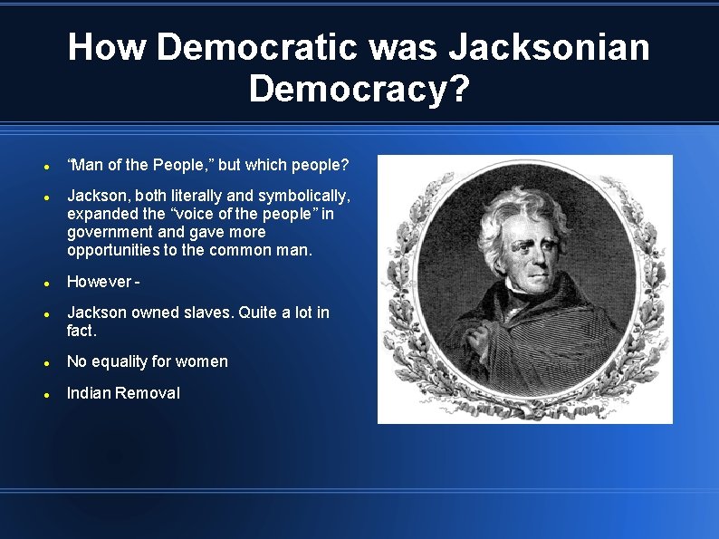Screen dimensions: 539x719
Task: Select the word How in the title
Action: (x=107, y=47)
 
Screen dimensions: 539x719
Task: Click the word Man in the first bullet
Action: (x=87, y=165)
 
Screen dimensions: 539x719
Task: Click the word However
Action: (x=99, y=282)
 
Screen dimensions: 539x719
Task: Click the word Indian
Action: (x=87, y=393)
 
